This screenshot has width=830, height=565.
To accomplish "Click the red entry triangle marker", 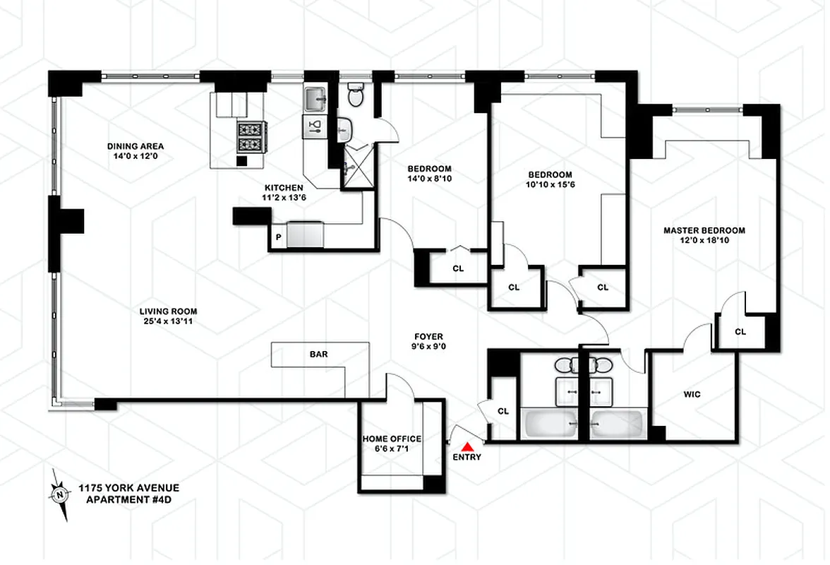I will (x=467, y=446).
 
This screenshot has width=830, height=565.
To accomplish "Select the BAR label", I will (x=319, y=354).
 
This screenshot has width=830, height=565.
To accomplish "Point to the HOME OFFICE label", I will (x=392, y=439).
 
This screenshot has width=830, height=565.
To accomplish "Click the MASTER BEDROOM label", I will (x=704, y=230).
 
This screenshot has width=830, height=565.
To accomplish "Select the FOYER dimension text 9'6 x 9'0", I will (x=428, y=347).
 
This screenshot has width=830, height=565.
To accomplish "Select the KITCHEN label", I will (x=279, y=188).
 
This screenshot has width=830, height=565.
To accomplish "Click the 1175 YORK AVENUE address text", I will (x=128, y=488).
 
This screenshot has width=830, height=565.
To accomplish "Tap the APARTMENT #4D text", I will (x=128, y=500).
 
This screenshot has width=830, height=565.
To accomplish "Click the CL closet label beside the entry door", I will (x=503, y=411).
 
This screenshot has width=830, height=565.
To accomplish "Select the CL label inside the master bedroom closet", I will (x=740, y=331).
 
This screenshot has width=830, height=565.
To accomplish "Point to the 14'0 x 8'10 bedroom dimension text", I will (x=429, y=179).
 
